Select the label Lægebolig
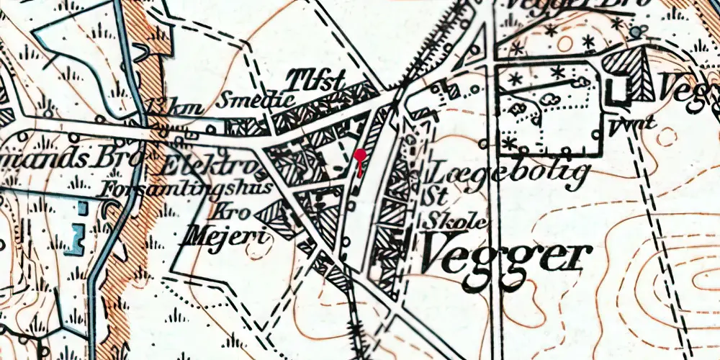[x=510, y=175]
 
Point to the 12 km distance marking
[x=171, y=107]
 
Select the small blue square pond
[x=83, y=208]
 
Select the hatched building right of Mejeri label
[x=274, y=217]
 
